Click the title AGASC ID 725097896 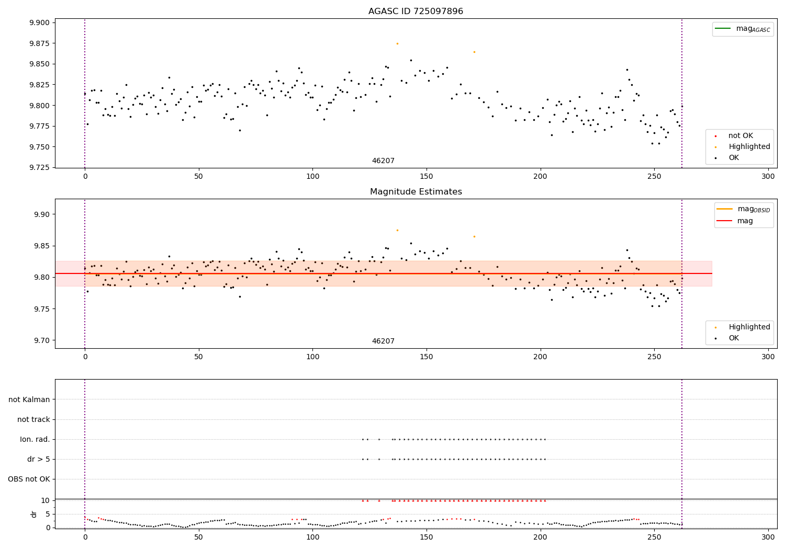pyautogui.click(x=416, y=12)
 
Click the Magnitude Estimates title pyautogui.click(x=416, y=192)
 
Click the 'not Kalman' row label pyautogui.click(x=29, y=399)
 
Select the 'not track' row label pyautogui.click(x=33, y=419)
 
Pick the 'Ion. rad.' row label pyautogui.click(x=35, y=439)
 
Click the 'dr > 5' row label pyautogui.click(x=38, y=459)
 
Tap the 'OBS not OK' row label pyautogui.click(x=29, y=479)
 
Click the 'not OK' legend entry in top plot pyautogui.click(x=741, y=136)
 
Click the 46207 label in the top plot pyautogui.click(x=383, y=161)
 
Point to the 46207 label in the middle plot pyautogui.click(x=383, y=341)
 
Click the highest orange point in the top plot pyautogui.click(x=397, y=43)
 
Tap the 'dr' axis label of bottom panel pyautogui.click(x=34, y=514)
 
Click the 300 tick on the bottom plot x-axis pyautogui.click(x=768, y=536)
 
